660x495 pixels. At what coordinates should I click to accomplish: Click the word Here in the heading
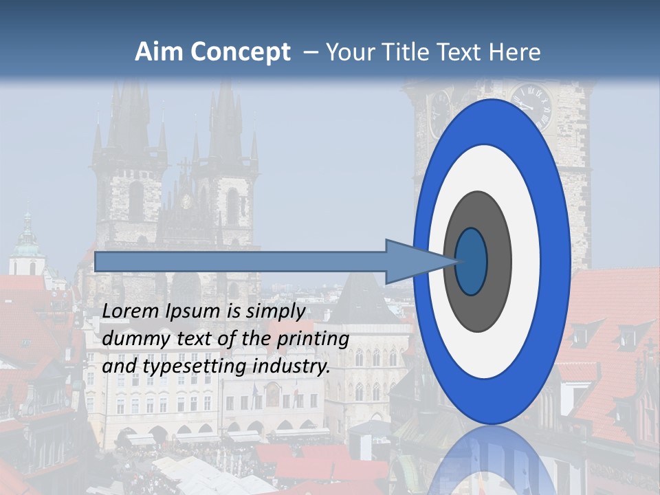(516, 52)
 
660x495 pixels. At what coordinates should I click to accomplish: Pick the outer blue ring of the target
(557, 261)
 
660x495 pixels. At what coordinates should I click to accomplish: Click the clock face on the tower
(531, 107)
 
